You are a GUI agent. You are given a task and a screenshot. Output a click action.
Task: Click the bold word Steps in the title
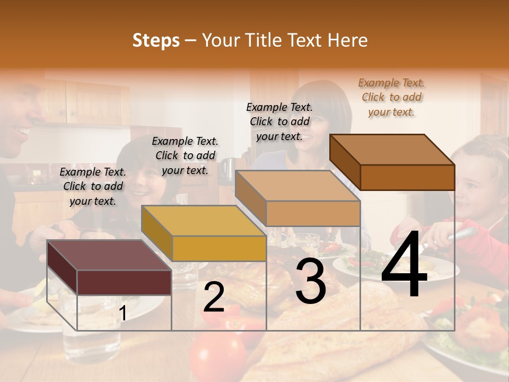click(156, 40)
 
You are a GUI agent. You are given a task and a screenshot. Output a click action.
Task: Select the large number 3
click(310, 281)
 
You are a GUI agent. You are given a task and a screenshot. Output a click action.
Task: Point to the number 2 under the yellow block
click(214, 298)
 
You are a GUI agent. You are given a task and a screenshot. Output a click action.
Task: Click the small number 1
click(123, 313)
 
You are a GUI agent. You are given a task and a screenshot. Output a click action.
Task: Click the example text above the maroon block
click(93, 186)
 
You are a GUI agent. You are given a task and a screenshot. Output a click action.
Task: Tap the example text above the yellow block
click(185, 155)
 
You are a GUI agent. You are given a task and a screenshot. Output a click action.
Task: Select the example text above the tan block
click(279, 121)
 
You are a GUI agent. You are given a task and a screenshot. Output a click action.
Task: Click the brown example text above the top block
click(392, 97)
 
